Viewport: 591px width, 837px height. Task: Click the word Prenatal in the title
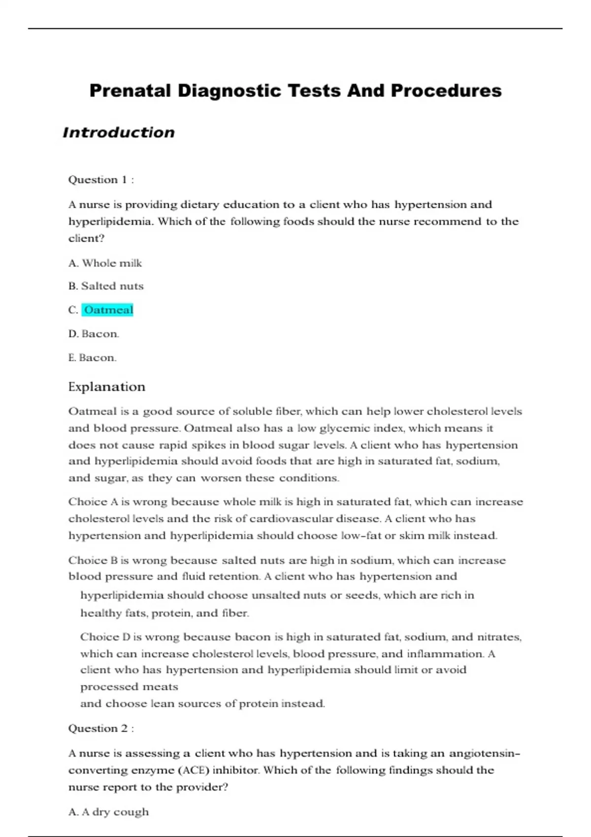click(x=130, y=91)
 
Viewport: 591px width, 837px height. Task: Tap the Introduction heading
click(x=119, y=132)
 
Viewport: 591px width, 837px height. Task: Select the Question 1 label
click(x=100, y=180)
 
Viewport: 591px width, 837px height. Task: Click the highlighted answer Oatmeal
click(x=108, y=310)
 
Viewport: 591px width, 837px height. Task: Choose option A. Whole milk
click(x=105, y=263)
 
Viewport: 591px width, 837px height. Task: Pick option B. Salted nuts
click(x=106, y=286)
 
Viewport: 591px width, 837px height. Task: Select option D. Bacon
click(x=94, y=334)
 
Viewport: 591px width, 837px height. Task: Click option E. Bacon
click(x=92, y=358)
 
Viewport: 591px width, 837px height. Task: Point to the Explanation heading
click(x=106, y=387)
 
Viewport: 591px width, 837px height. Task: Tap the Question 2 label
click(x=100, y=729)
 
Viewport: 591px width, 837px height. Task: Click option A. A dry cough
click(x=108, y=812)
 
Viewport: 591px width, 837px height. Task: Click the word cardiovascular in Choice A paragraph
click(x=291, y=519)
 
